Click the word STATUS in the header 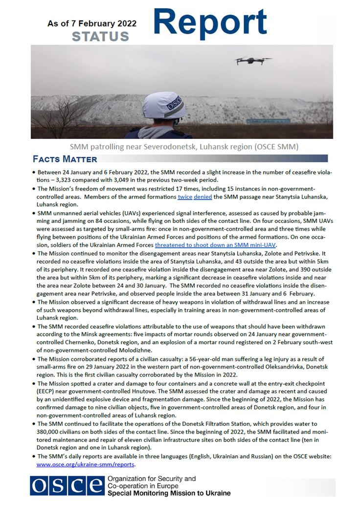(100, 36)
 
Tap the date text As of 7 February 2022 (92, 23)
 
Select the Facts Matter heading (65, 159)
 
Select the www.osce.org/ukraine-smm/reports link (86, 464)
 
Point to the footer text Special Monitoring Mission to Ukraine (169, 493)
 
